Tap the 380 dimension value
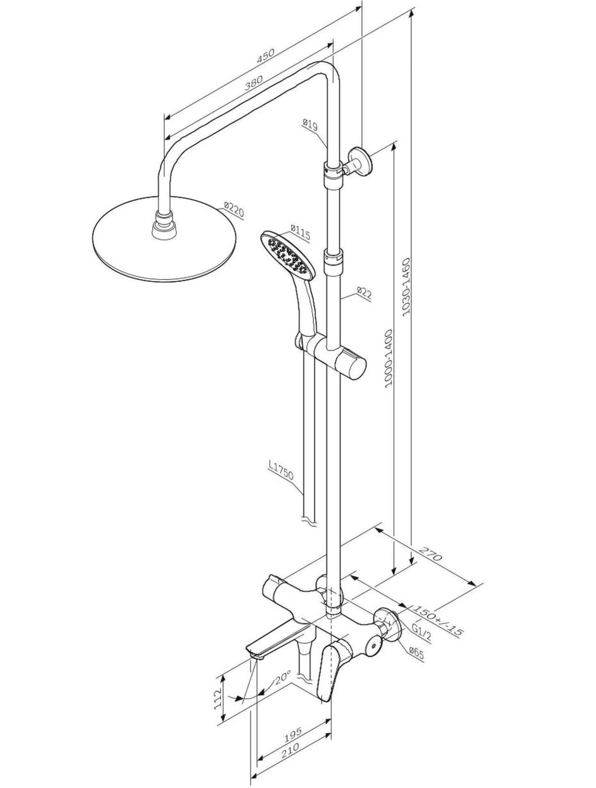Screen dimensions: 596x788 (x=253, y=83)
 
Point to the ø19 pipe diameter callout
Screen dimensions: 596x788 (x=310, y=124)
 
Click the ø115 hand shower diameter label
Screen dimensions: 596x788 (x=300, y=232)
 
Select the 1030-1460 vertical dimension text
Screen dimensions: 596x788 (x=406, y=287)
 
